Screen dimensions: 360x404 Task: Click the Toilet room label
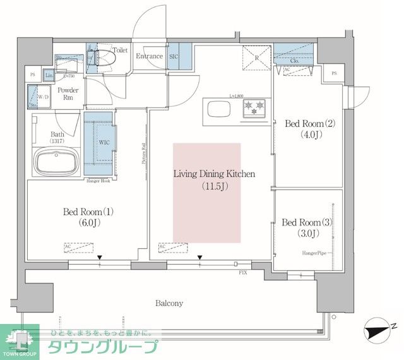click(x=119, y=49)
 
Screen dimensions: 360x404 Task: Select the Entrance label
click(x=149, y=56)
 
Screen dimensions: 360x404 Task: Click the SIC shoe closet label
click(x=175, y=56)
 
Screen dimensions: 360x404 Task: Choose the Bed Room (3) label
click(x=306, y=227)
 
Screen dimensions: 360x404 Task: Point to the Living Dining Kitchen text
click(x=215, y=180)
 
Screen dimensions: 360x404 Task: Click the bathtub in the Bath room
click(x=54, y=163)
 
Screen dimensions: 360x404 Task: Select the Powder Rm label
click(x=69, y=95)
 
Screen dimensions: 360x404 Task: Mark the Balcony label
click(x=169, y=303)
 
